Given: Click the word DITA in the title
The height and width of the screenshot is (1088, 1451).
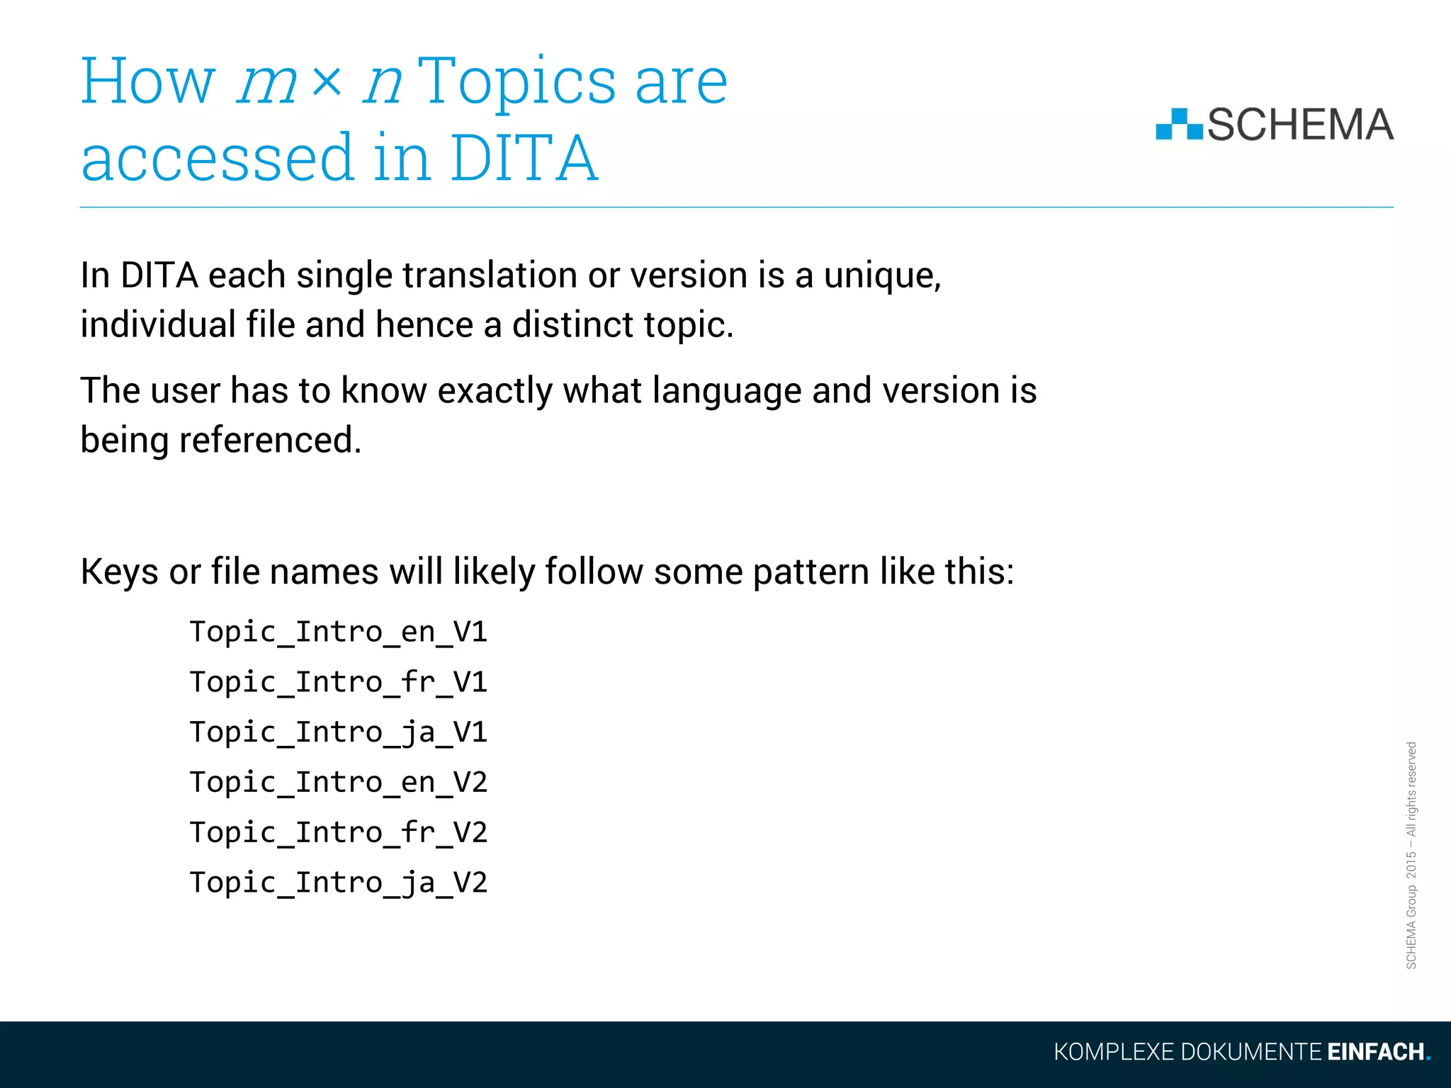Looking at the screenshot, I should point(524,158).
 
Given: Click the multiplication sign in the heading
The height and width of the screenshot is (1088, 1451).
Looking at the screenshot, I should point(327,83).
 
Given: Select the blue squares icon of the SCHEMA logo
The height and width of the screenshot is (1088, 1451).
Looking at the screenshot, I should point(1178,125).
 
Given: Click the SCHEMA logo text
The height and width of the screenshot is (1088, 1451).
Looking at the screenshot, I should point(1300,125).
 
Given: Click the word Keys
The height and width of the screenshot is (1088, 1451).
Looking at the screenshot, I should point(119,572).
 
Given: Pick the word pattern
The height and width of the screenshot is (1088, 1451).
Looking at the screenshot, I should point(811,572).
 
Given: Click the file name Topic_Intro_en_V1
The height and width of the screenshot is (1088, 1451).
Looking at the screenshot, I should point(339,632).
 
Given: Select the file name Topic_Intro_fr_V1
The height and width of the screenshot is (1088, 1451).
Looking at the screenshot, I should point(339,682).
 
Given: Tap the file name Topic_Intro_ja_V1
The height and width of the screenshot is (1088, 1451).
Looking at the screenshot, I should point(339,732).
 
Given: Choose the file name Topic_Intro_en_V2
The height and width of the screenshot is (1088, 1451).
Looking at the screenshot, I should point(339,783).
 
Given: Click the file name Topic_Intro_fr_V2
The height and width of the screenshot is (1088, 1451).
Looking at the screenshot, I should point(339,833).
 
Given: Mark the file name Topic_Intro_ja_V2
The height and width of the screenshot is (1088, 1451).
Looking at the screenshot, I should point(339,883).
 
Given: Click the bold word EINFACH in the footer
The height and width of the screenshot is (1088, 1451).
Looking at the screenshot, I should point(1375,1052).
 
